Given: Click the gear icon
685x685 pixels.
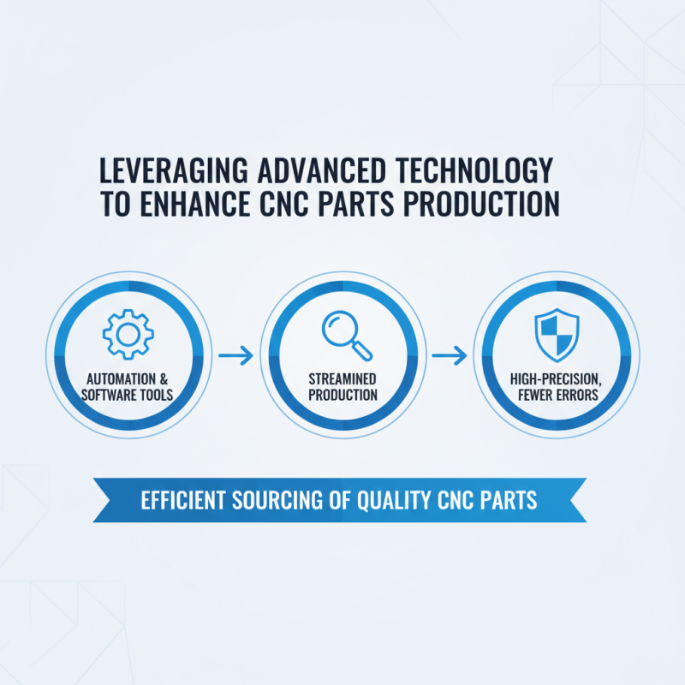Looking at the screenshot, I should pos(128,331).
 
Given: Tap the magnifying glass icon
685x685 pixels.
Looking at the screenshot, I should pos(345,334).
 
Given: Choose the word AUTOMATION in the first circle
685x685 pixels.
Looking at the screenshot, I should pos(119,379).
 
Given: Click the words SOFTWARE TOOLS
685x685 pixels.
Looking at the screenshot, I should pos(128,395).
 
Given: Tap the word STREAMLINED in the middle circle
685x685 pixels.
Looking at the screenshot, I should pos(342,379).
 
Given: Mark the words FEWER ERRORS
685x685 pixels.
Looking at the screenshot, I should pos(557,395).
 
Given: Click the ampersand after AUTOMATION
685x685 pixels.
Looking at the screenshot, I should pos(162,379).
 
